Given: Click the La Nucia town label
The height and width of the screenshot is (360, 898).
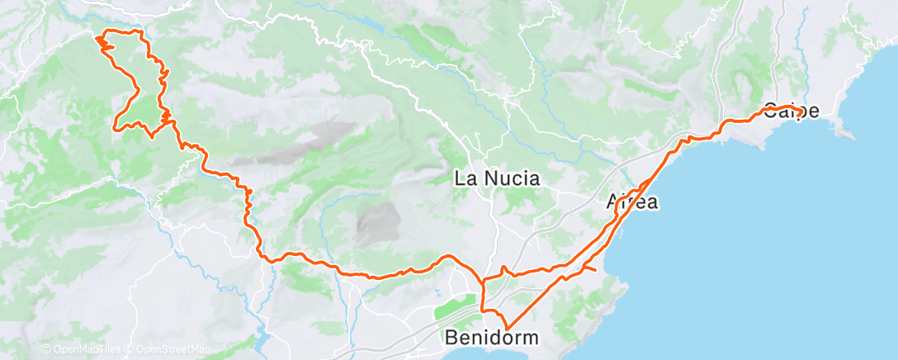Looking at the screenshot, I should (x=498, y=178).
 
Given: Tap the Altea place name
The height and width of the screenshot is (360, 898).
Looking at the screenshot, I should (x=632, y=201).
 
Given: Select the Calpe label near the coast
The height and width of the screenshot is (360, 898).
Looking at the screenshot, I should (x=792, y=111).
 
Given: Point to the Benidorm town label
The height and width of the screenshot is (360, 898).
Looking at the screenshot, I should (x=492, y=337).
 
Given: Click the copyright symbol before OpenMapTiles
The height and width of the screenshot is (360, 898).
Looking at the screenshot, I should (x=46, y=349).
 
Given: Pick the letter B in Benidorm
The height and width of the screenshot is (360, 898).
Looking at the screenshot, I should (x=451, y=337).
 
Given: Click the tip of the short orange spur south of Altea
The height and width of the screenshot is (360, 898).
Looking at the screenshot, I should (x=596, y=270).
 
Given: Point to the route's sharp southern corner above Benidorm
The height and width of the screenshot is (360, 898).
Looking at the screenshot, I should (x=506, y=328).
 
